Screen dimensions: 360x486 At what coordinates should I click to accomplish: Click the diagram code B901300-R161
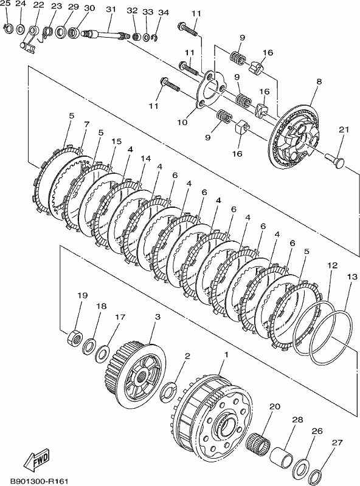39,481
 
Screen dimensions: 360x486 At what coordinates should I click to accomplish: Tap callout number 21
344,129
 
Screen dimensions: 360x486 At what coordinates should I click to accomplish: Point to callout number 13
352,277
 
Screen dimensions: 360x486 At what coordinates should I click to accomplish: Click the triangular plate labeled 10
211,89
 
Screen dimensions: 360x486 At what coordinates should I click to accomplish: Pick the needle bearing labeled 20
258,440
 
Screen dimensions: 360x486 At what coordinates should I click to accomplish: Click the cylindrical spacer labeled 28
281,455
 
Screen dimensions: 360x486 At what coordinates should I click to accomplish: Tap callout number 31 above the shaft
111,9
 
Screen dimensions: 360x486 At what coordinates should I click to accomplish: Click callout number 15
116,142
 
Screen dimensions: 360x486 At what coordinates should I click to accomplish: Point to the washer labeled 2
169,391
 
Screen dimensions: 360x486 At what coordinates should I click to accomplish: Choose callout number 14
145,159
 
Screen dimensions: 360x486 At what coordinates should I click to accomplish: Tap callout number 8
319,81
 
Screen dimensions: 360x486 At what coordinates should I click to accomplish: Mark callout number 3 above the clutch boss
157,317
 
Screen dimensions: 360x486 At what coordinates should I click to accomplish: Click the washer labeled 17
102,354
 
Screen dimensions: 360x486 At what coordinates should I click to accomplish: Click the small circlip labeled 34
155,38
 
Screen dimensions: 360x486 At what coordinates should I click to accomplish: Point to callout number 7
86,125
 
